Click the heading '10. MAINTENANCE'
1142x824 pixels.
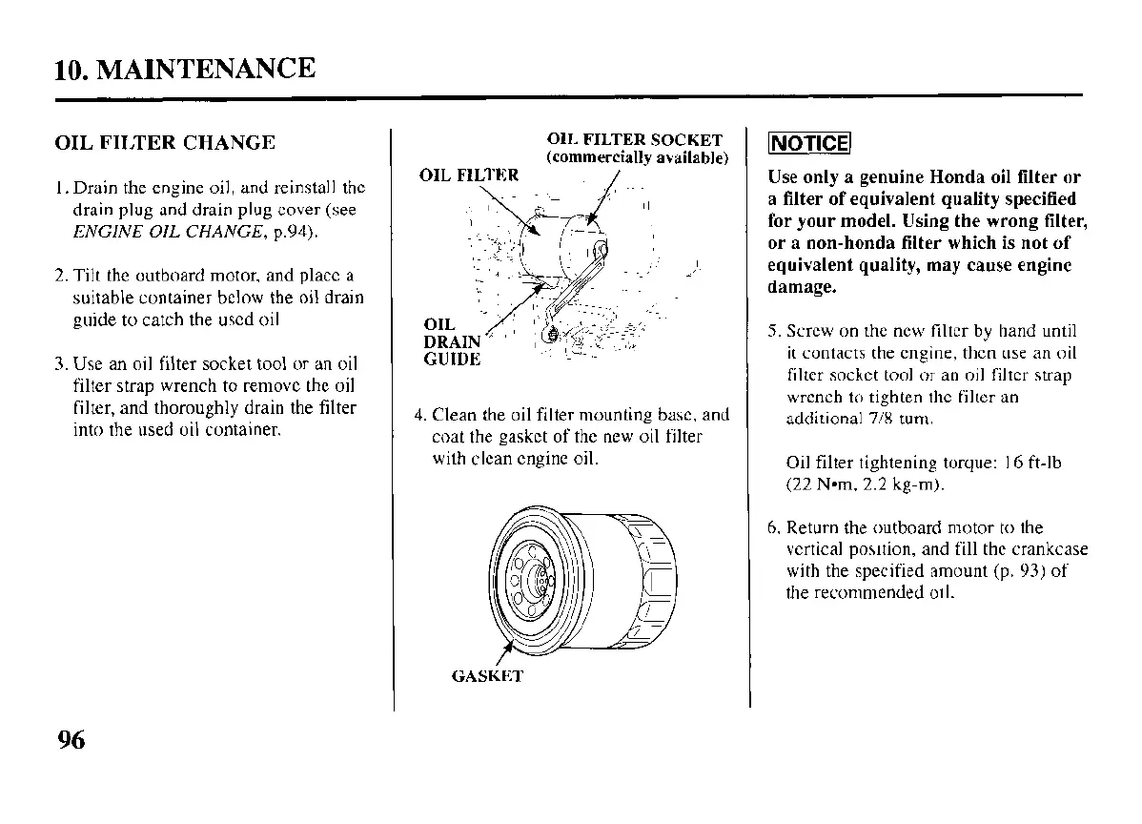[x=185, y=70]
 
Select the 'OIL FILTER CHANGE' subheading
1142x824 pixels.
[x=164, y=143]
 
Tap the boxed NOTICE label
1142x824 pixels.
[x=808, y=144]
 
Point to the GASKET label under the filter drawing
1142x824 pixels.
[x=486, y=677]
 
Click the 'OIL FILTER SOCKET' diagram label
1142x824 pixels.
[x=634, y=140]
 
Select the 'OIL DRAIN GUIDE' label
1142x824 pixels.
[x=452, y=342]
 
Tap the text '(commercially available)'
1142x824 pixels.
[x=637, y=157]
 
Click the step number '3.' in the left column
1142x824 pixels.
[x=61, y=363]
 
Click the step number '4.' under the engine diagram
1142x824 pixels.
[x=419, y=416]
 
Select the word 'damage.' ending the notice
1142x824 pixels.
[x=802, y=286]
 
